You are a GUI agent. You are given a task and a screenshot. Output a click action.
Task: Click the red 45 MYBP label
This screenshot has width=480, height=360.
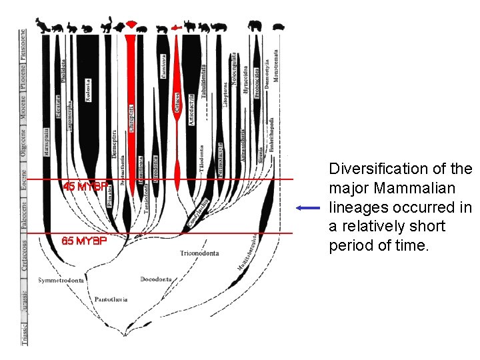[83, 187]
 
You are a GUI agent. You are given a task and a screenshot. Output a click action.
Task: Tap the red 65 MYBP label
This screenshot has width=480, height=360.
[83, 241]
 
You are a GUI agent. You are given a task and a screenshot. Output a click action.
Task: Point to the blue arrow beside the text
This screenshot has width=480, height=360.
[309, 208]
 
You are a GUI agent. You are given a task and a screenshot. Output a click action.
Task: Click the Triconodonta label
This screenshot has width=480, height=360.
[199, 253]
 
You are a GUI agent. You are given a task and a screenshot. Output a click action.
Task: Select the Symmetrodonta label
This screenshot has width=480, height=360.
[61, 281]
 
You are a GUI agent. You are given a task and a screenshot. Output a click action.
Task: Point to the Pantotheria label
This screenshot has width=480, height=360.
[111, 299]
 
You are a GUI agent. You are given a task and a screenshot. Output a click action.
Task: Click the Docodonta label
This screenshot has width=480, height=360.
[156, 279]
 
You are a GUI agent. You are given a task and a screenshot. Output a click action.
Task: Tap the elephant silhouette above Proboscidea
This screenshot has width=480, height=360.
[254, 27]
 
